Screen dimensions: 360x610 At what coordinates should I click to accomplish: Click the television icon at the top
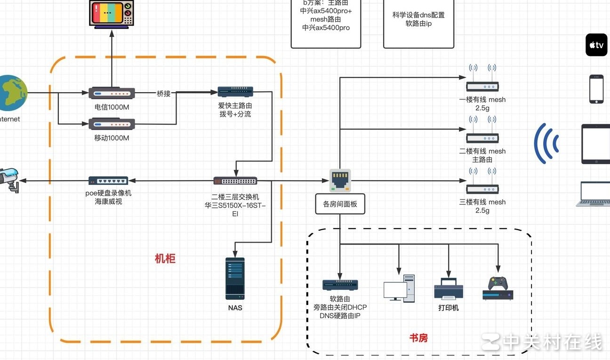tap(112, 14)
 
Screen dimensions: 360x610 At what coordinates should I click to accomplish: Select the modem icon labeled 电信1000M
tap(112, 93)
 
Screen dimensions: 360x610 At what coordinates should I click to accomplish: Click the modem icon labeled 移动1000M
tap(112, 124)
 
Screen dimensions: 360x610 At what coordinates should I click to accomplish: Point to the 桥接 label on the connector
tap(163, 94)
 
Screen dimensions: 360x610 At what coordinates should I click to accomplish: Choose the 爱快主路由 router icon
tap(235, 92)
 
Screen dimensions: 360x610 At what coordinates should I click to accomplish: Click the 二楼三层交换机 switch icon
tap(235, 181)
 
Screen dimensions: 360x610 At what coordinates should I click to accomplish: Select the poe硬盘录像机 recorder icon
tap(108, 181)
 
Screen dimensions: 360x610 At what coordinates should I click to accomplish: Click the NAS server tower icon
tap(235, 279)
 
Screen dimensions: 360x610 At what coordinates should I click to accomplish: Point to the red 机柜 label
tap(165, 258)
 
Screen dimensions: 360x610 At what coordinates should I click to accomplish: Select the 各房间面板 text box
tap(340, 205)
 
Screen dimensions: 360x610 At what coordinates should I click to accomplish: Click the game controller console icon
tap(498, 288)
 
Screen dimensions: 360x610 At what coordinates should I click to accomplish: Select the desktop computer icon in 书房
tap(399, 288)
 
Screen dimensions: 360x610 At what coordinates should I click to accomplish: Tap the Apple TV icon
tap(596, 45)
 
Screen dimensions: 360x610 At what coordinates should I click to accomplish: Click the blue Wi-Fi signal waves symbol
tap(546, 144)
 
